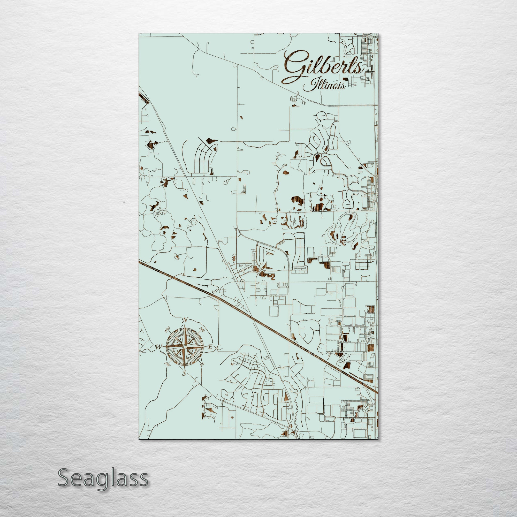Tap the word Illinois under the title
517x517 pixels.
(x=324, y=86)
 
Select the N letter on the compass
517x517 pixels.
(x=185, y=320)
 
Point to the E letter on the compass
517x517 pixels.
(x=210, y=348)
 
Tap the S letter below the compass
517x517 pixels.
(x=184, y=373)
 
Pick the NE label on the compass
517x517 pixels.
(x=202, y=331)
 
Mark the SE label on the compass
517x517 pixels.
(x=202, y=364)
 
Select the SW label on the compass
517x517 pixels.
(x=168, y=364)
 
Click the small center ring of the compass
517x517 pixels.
(x=184, y=347)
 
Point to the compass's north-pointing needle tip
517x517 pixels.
(x=185, y=325)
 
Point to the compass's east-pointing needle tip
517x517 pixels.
(x=206, y=347)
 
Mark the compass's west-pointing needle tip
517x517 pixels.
(x=163, y=347)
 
